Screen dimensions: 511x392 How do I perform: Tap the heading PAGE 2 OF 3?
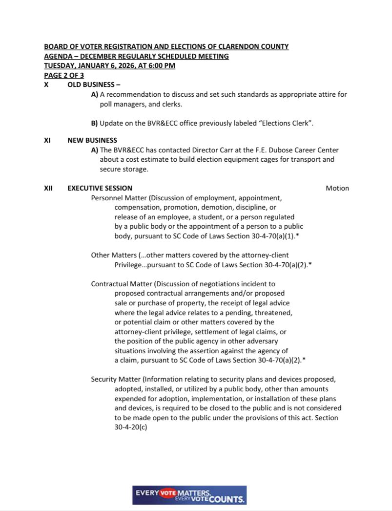pyautogui.click(x=64, y=75)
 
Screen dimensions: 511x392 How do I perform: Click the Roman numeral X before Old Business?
pyautogui.click(x=46, y=85)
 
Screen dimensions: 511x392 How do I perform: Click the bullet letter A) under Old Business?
pyautogui.click(x=95, y=94)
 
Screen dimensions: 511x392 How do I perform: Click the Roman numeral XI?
pyautogui.click(x=47, y=141)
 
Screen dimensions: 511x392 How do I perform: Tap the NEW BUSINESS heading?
pyautogui.click(x=92, y=141)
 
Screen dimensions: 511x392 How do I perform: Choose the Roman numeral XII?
pyautogui.click(x=48, y=188)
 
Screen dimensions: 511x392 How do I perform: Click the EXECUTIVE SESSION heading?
pyautogui.click(x=100, y=188)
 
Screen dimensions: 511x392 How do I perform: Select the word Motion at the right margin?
pyautogui.click(x=337, y=188)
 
